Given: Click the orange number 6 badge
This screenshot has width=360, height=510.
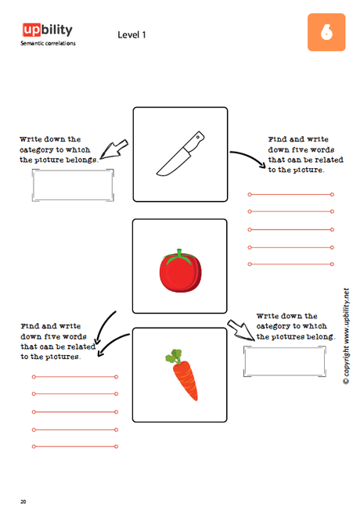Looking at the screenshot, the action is (326, 32).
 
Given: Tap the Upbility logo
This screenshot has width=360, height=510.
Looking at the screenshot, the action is (48, 30).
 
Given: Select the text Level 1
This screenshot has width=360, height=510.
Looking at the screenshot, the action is (131, 34).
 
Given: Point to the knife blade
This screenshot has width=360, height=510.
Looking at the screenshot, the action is (171, 163).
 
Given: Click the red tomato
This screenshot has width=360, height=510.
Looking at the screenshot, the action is (180, 271).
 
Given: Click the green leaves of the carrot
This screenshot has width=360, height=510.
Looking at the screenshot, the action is (174, 356).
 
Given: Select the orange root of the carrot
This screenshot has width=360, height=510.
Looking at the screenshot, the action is (185, 380).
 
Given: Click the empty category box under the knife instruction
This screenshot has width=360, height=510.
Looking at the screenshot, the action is (73, 185).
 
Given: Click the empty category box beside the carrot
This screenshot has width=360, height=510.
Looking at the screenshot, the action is (285, 361).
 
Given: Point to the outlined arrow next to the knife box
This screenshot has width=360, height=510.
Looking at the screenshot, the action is (114, 149).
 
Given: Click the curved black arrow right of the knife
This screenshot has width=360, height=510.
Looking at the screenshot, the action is (248, 158).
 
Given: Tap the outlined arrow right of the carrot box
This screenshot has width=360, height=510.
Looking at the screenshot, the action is (241, 330).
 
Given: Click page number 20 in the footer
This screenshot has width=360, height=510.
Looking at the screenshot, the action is (23, 501).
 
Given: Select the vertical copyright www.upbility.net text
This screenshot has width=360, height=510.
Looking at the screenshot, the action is (347, 336).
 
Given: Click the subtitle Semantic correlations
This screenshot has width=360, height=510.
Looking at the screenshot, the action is (48, 43).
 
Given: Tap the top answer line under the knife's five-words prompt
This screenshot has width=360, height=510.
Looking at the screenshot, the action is (290, 195).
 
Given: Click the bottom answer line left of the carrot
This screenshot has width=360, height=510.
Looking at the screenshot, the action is (75, 447).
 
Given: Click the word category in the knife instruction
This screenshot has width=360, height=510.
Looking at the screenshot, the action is (37, 150).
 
